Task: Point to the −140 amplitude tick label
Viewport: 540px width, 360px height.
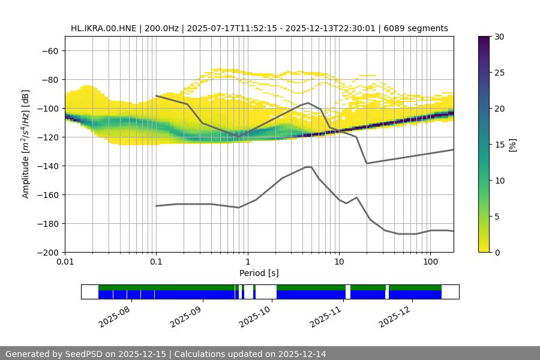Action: (x=47, y=166)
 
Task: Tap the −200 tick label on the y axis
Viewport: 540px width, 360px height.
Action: (x=47, y=252)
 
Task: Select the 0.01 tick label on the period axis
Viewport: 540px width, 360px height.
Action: (x=65, y=262)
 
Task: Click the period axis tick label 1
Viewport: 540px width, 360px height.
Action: (x=247, y=262)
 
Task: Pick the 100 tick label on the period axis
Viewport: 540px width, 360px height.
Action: (x=430, y=262)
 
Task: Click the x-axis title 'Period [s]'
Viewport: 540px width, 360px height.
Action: (x=259, y=274)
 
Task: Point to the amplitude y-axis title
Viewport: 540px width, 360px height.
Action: (x=26, y=144)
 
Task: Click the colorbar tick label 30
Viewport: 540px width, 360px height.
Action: (x=499, y=37)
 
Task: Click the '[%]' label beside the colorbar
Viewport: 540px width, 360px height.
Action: (x=512, y=145)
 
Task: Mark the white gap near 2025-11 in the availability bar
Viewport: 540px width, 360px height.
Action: (x=348, y=292)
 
